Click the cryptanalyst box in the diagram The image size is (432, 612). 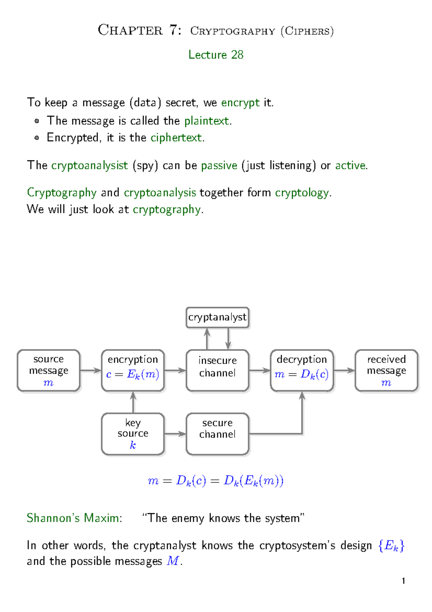pos(217,318)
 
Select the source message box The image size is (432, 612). pos(49,371)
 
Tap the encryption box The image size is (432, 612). pos(133,371)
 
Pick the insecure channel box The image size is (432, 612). pos(217,371)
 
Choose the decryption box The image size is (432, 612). pos(302,371)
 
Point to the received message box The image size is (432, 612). pos(386,371)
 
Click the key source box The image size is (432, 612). pos(133,434)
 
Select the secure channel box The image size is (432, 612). pos(217,434)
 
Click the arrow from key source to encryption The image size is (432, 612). pos(133,402)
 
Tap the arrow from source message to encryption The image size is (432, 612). pos(91,371)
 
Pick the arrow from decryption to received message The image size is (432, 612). pos(344,371)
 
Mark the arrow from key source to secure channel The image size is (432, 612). pos(175,434)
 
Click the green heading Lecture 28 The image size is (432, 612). pos(216,55)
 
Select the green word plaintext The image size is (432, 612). pos(207,121)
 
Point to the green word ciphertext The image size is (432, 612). pos(176,138)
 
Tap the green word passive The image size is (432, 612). pos(219,165)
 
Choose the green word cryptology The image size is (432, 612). pos(302,193)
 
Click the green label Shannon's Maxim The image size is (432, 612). pos(74,518)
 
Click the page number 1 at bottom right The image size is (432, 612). pos(404,581)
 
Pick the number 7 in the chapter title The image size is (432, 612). pos(174,30)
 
